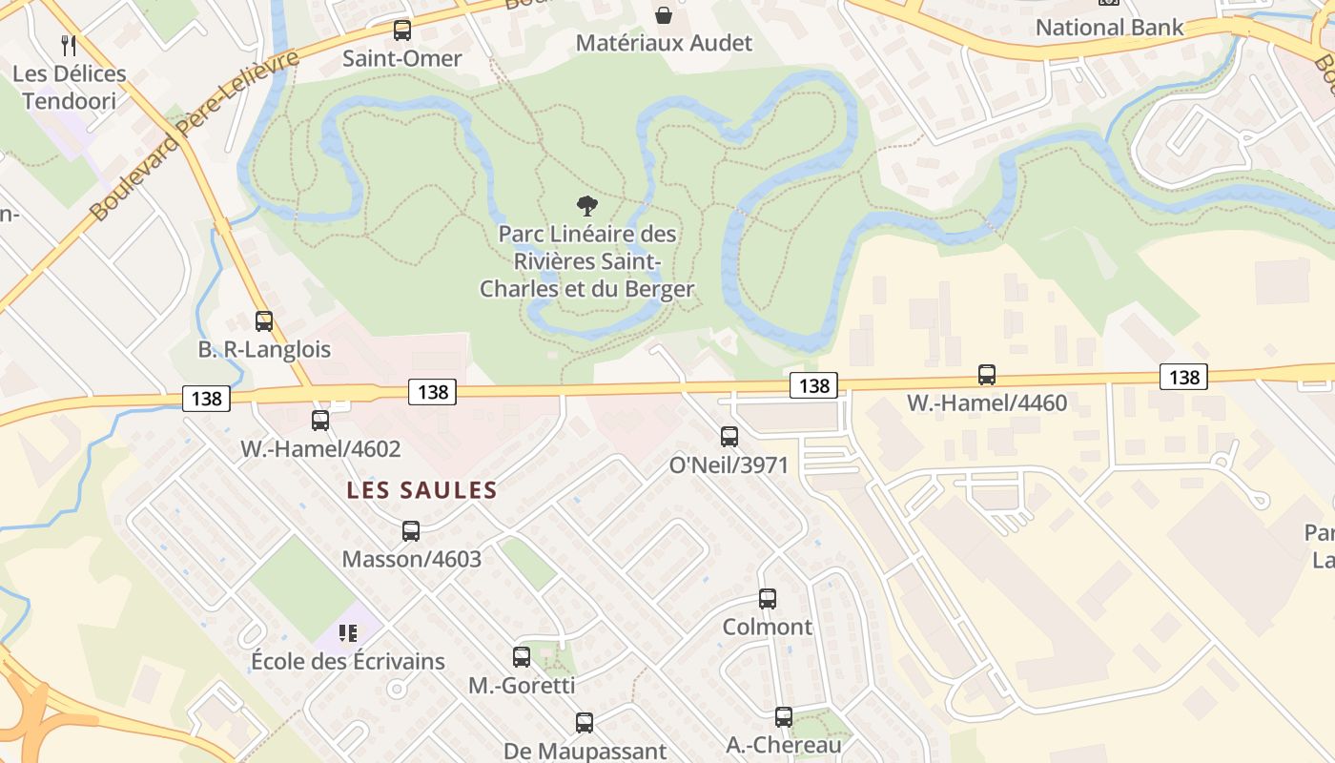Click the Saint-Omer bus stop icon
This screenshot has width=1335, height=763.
pyautogui.click(x=402, y=31)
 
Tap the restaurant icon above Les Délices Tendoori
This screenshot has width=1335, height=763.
pyautogui.click(x=69, y=45)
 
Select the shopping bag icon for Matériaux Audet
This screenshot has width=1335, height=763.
pyautogui.click(x=664, y=15)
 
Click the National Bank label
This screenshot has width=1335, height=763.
pyautogui.click(x=1109, y=27)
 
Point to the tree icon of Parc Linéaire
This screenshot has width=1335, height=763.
pyautogui.click(x=587, y=205)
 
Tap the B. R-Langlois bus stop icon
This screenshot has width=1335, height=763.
pyautogui.click(x=264, y=321)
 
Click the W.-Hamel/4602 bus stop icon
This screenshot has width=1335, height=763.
pyautogui.click(x=320, y=420)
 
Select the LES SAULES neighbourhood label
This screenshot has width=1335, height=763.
pyautogui.click(x=421, y=490)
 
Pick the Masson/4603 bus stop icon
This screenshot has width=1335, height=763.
pyautogui.click(x=411, y=530)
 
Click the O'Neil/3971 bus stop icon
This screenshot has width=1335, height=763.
pyautogui.click(x=729, y=437)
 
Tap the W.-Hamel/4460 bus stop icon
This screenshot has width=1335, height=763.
pyautogui.click(x=987, y=375)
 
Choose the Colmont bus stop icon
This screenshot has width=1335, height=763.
pyautogui.click(x=768, y=599)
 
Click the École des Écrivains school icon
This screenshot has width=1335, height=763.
pyautogui.click(x=348, y=633)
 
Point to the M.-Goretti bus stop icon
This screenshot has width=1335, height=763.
pyautogui.click(x=522, y=657)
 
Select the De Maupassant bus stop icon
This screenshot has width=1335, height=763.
pyautogui.click(x=585, y=723)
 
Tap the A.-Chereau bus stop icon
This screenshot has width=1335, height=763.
pyautogui.click(x=784, y=716)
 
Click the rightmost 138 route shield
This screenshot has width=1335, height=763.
pyautogui.click(x=1183, y=377)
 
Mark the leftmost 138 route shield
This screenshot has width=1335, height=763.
pyautogui.click(x=206, y=398)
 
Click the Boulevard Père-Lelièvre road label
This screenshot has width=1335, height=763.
pyautogui.click(x=195, y=135)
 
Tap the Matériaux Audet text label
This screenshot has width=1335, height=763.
pyautogui.click(x=664, y=43)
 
